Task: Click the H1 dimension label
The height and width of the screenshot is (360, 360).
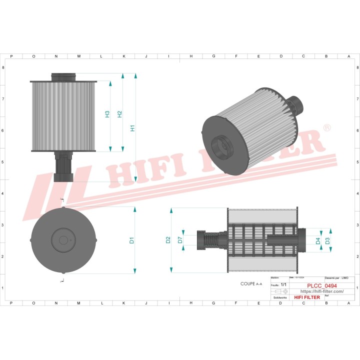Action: [x=132, y=128]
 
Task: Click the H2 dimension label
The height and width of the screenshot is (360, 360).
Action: [x=119, y=114]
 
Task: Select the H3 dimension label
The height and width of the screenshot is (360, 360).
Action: [x=107, y=114]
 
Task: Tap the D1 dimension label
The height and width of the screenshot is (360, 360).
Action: [x=132, y=240]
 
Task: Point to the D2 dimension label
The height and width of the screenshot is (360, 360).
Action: [x=168, y=240]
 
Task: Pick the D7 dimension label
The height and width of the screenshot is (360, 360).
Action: [x=180, y=240]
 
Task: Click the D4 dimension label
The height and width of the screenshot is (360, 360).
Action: [x=317, y=241]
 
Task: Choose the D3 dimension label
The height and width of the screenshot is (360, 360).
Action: [x=327, y=241]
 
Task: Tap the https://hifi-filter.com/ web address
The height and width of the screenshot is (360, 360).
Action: [x=321, y=291]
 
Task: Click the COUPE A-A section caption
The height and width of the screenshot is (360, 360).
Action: [x=251, y=283]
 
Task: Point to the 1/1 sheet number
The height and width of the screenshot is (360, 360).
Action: [x=283, y=284]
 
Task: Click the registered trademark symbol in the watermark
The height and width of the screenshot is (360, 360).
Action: [x=326, y=129]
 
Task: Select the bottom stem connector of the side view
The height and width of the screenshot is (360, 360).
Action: [x=63, y=167]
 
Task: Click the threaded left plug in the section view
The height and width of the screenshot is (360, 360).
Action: [x=206, y=240]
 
